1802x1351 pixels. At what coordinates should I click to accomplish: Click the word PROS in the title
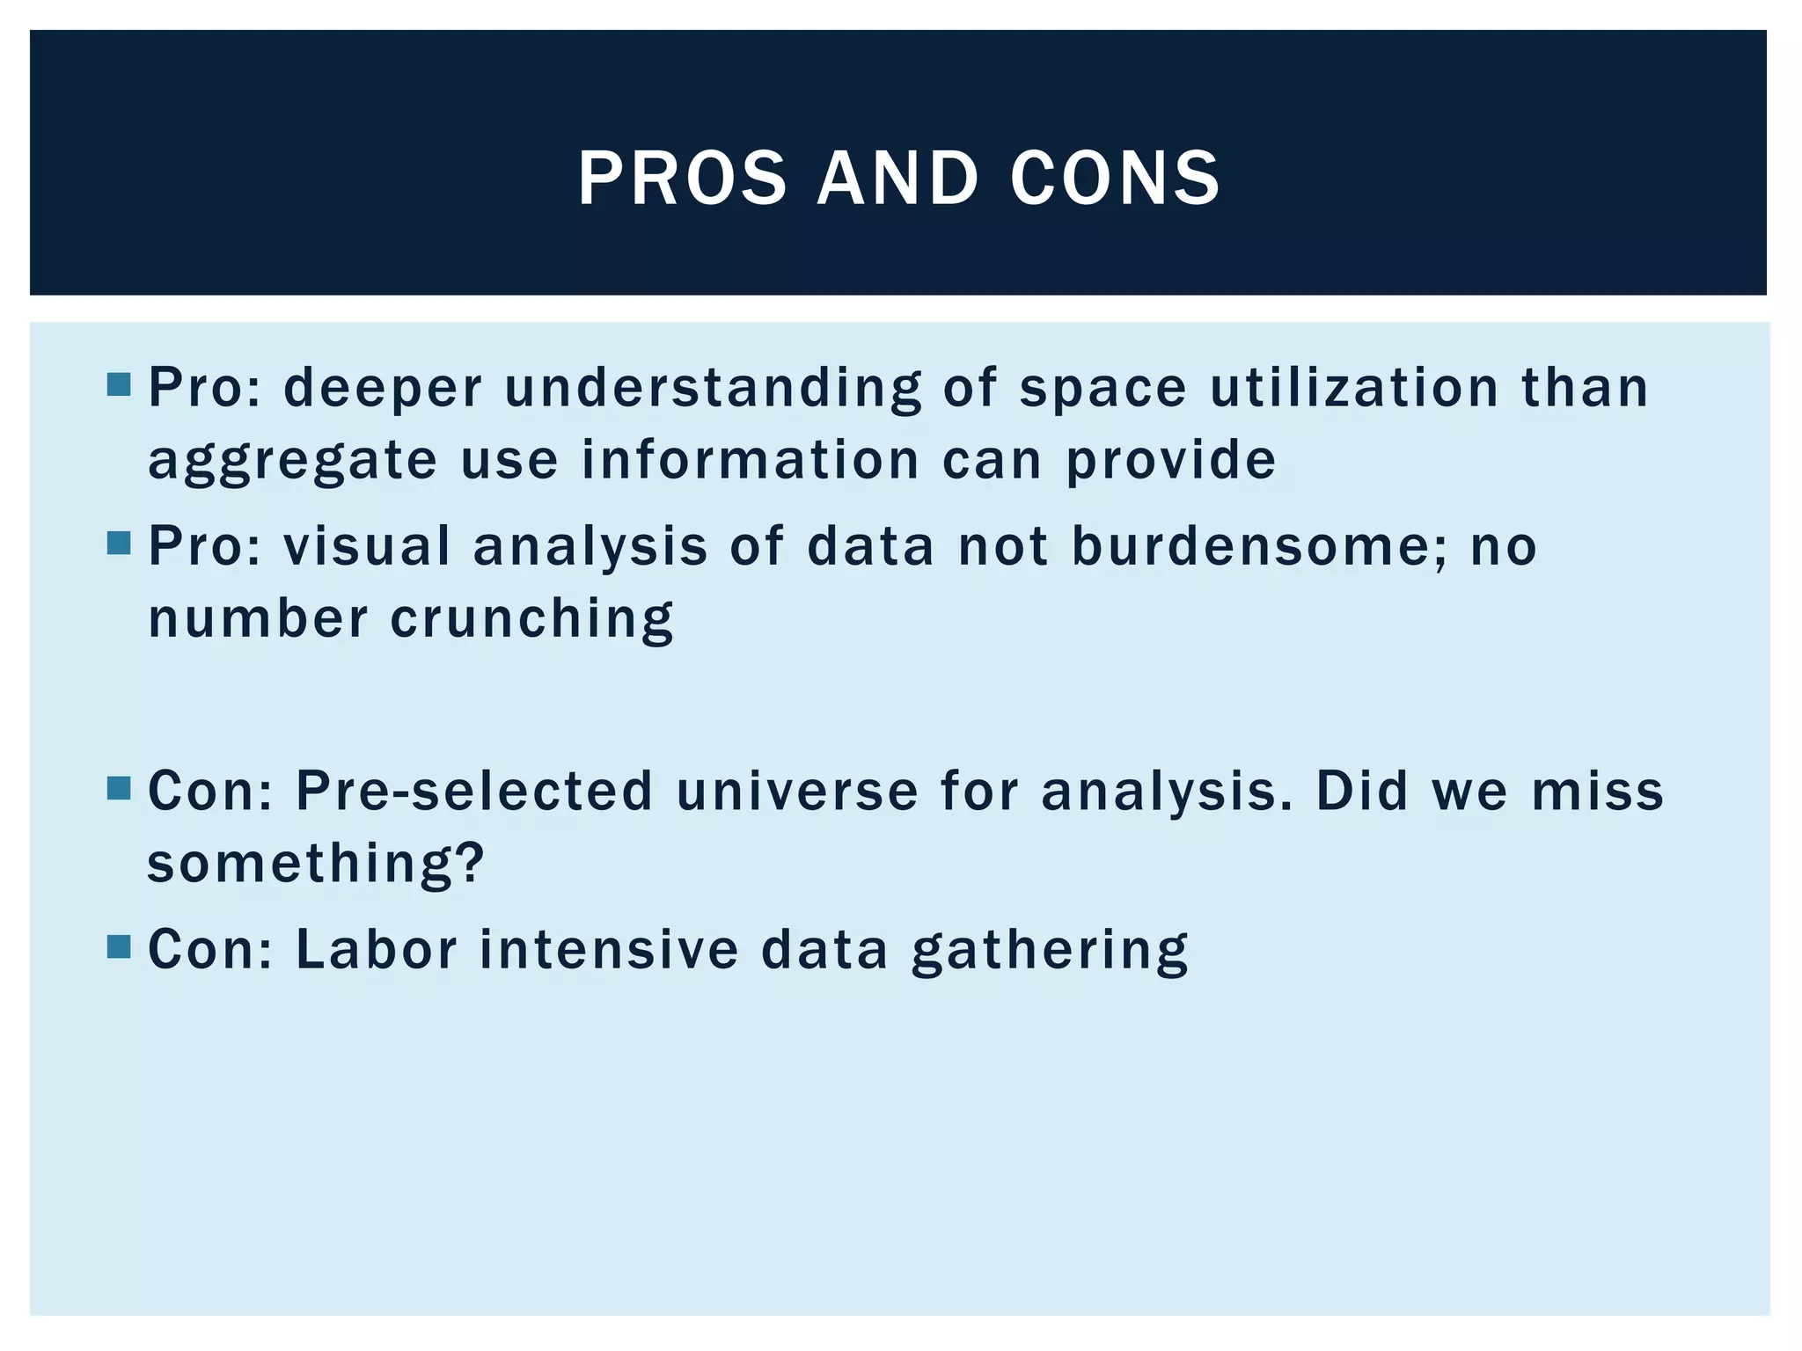[x=682, y=179]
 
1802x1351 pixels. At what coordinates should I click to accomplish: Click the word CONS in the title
[x=1115, y=179]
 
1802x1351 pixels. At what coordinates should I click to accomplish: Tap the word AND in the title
[x=897, y=179]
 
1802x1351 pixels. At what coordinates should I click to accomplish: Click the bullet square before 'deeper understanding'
[x=119, y=384]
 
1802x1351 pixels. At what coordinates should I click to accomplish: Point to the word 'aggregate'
[x=292, y=461]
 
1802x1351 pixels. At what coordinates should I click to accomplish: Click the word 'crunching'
[x=531, y=619]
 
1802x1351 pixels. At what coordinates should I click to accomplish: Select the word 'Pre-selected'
[x=474, y=791]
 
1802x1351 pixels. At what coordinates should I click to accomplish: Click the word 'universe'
[x=797, y=791]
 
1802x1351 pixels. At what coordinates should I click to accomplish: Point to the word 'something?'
[x=316, y=863]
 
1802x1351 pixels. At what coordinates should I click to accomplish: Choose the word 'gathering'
[x=1050, y=952]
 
